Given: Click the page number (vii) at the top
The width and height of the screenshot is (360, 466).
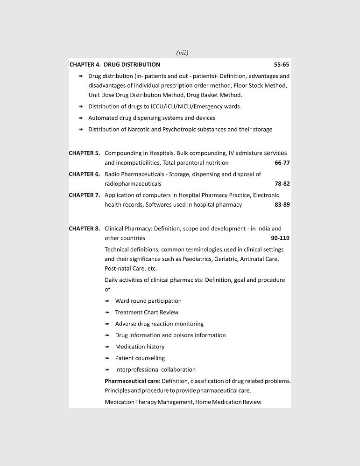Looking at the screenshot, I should [x=182, y=53].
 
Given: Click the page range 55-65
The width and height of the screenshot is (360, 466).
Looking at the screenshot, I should [x=282, y=64].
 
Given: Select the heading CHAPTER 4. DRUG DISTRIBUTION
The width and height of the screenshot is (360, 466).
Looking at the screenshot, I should [x=115, y=64].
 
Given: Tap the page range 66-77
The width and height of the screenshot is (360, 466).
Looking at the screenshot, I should [x=282, y=163].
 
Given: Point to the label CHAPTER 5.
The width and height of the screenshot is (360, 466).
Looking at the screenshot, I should [x=85, y=153].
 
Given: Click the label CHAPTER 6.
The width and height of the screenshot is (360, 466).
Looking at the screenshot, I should [x=85, y=174].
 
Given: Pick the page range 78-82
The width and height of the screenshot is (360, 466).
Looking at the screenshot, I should [x=282, y=184].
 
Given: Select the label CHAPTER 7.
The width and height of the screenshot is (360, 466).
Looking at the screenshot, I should [x=85, y=195].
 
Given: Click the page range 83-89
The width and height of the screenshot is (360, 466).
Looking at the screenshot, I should [x=282, y=205].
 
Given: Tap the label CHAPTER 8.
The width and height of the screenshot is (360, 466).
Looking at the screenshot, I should [x=85, y=229].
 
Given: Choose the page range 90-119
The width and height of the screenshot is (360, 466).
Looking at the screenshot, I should [x=280, y=238].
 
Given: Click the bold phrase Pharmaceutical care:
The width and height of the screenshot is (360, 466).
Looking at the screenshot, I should [x=133, y=381].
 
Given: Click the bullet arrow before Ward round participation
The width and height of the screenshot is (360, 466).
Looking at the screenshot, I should [x=107, y=301].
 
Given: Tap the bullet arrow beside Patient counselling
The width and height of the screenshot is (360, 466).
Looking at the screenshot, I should [x=107, y=359].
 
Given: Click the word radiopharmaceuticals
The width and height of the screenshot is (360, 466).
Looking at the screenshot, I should [x=133, y=184].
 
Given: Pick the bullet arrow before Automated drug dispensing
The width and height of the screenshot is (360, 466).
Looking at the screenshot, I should [x=81, y=118].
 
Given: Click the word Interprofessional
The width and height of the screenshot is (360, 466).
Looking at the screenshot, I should [x=138, y=369].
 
